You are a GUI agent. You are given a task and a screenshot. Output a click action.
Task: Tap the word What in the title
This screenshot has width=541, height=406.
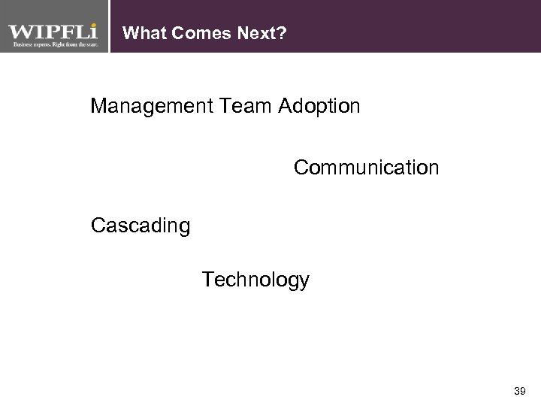point(141,33)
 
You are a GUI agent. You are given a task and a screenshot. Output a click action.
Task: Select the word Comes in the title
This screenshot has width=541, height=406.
point(188,33)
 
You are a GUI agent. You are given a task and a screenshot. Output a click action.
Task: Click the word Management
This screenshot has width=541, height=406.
point(153,106)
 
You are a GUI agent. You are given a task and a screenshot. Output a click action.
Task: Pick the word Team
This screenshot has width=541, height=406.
point(247,106)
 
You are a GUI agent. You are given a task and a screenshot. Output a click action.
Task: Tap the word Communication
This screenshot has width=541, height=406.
point(366,167)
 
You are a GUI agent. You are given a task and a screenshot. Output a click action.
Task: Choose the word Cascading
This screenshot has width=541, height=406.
point(140,226)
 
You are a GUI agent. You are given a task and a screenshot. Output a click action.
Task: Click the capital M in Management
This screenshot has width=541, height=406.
point(98,106)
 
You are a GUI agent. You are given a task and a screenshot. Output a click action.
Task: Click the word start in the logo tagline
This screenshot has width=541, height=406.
point(91,45)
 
